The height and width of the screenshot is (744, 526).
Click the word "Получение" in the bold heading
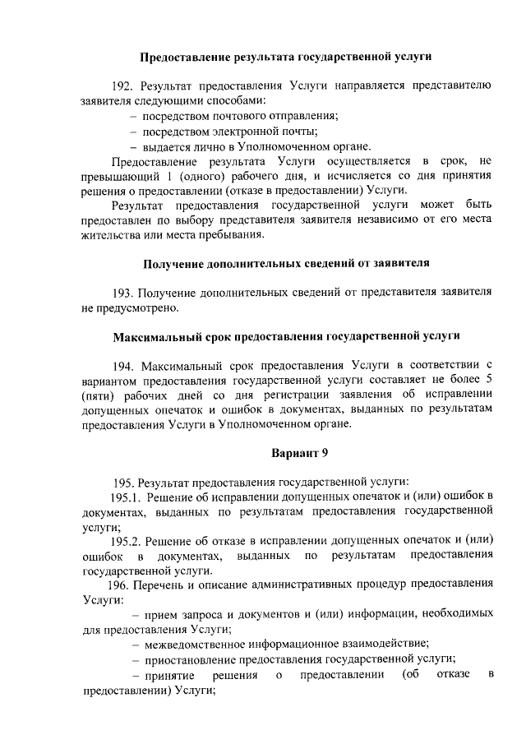(172, 264)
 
